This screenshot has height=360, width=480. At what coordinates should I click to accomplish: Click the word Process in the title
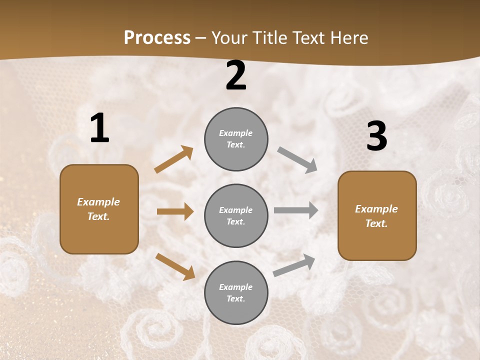tap(157, 37)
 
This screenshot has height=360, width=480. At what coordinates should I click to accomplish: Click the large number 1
tap(99, 128)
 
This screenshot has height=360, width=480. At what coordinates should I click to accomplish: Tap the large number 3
tap(376, 136)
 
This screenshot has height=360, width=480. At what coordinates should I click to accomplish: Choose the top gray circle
tap(236, 139)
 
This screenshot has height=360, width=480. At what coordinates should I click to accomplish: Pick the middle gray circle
tap(236, 216)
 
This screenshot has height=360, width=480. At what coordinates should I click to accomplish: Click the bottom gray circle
tap(236, 293)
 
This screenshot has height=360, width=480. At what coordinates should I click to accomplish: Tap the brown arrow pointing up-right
tap(174, 159)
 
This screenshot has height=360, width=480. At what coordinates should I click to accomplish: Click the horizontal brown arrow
tap(175, 211)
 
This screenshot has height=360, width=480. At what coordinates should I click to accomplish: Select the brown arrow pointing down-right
tap(175, 266)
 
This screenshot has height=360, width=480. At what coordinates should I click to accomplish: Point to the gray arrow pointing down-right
tap(297, 159)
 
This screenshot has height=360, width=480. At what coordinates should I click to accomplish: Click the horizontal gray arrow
tap(296, 210)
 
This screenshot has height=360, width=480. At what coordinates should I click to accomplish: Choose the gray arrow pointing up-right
tap(294, 265)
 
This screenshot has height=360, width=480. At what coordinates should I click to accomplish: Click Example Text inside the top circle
tap(236, 139)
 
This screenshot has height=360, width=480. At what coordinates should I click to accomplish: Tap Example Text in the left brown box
tap(98, 209)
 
